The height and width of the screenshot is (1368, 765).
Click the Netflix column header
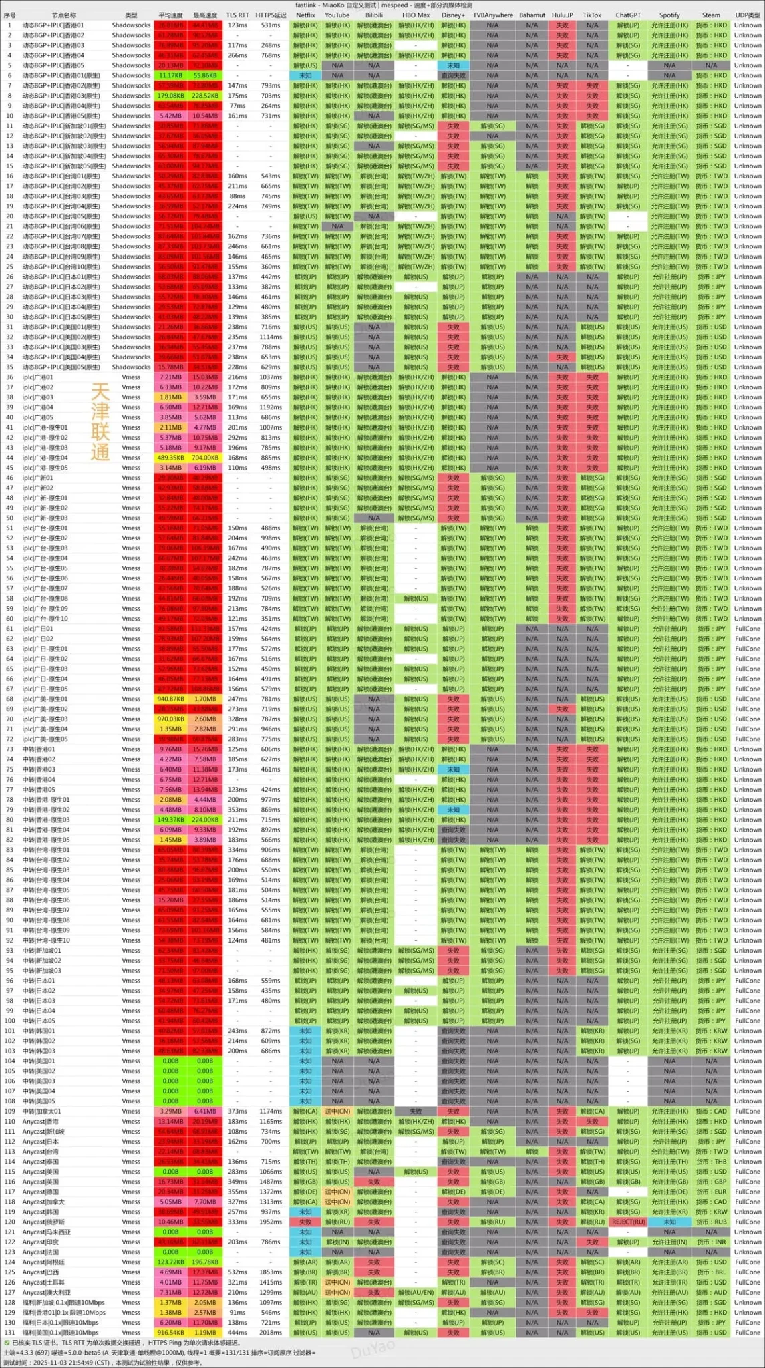(305, 15)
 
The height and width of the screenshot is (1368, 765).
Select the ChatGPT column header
(627, 15)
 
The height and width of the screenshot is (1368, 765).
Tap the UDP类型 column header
(747, 15)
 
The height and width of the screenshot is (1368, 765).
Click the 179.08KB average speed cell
(170, 96)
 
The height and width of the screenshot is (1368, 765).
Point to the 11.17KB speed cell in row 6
(170, 75)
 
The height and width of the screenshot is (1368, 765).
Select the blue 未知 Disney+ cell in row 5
(453, 65)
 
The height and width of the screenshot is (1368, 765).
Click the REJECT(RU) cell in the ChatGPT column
(628, 1222)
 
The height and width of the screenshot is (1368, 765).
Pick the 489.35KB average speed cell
(170, 458)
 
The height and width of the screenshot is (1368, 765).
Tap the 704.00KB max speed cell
(205, 458)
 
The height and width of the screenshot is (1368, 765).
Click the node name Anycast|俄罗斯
(41, 1222)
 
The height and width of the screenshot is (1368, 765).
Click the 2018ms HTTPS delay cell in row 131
(271, 1332)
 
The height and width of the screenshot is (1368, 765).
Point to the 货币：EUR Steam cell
(711, 1192)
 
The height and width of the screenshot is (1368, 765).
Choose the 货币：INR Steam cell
(711, 1242)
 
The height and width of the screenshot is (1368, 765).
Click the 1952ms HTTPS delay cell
(271, 1222)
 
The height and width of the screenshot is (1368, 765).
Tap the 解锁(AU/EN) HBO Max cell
(415, 1292)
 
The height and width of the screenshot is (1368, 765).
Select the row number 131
(9, 1332)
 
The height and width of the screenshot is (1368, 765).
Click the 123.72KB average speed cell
(170, 1262)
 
